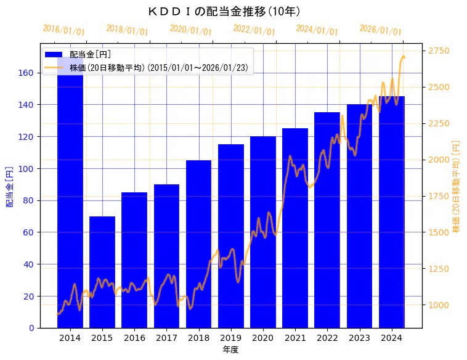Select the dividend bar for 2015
point(102,271)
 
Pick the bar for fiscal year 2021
point(295,228)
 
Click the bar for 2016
point(134,259)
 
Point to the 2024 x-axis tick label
point(391,337)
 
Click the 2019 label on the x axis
point(230,337)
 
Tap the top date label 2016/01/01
point(63,30)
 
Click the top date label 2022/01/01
point(254,30)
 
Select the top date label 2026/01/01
point(380,30)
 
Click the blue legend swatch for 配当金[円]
point(54,55)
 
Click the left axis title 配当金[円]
point(10,186)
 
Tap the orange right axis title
point(457,186)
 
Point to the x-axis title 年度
point(230,350)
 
